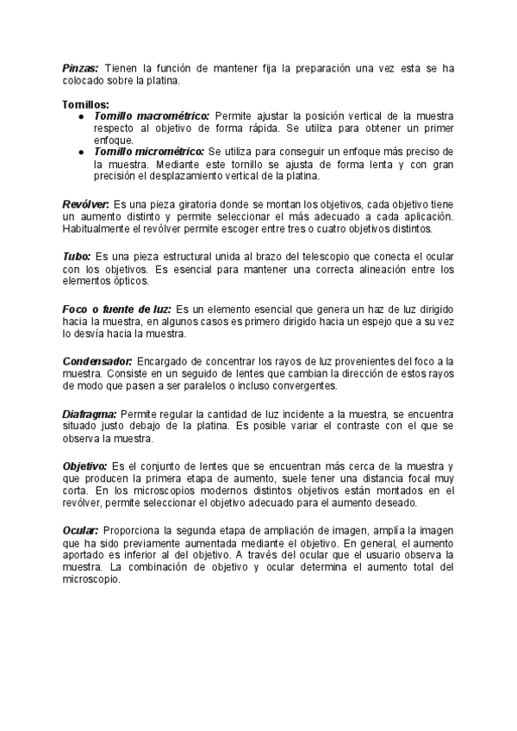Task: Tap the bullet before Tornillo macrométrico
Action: (x=80, y=116)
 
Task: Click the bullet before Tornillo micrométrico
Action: (x=80, y=152)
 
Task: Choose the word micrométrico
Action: (x=170, y=152)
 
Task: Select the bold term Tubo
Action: (x=76, y=257)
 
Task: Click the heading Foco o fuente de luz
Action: (x=118, y=309)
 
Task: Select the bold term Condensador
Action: (x=97, y=361)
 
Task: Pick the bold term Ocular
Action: (x=81, y=529)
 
